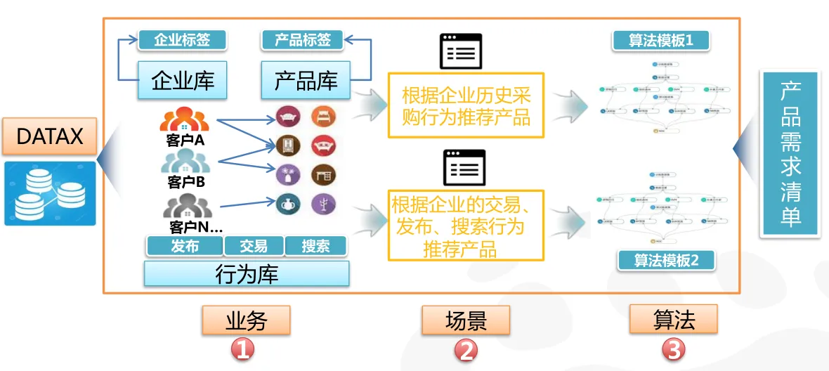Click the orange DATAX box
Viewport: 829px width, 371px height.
[x=49, y=136]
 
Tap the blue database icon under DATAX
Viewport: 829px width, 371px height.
[x=49, y=193]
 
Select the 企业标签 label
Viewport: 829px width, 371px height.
[x=183, y=39]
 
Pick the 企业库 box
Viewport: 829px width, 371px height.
[x=183, y=80]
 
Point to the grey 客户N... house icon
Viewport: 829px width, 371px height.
[x=188, y=207]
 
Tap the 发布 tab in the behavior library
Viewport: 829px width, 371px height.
[x=185, y=246]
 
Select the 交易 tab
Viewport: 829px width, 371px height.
[x=254, y=246]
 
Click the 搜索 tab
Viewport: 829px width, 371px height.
[x=316, y=246]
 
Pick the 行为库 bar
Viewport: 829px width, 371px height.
[x=247, y=274]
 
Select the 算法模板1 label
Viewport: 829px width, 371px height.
[x=660, y=40]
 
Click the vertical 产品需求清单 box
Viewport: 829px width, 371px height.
[x=790, y=153]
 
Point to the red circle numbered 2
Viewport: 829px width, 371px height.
[x=466, y=350]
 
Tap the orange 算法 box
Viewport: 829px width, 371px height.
[x=674, y=320]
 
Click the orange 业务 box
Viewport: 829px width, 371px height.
[x=246, y=320]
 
